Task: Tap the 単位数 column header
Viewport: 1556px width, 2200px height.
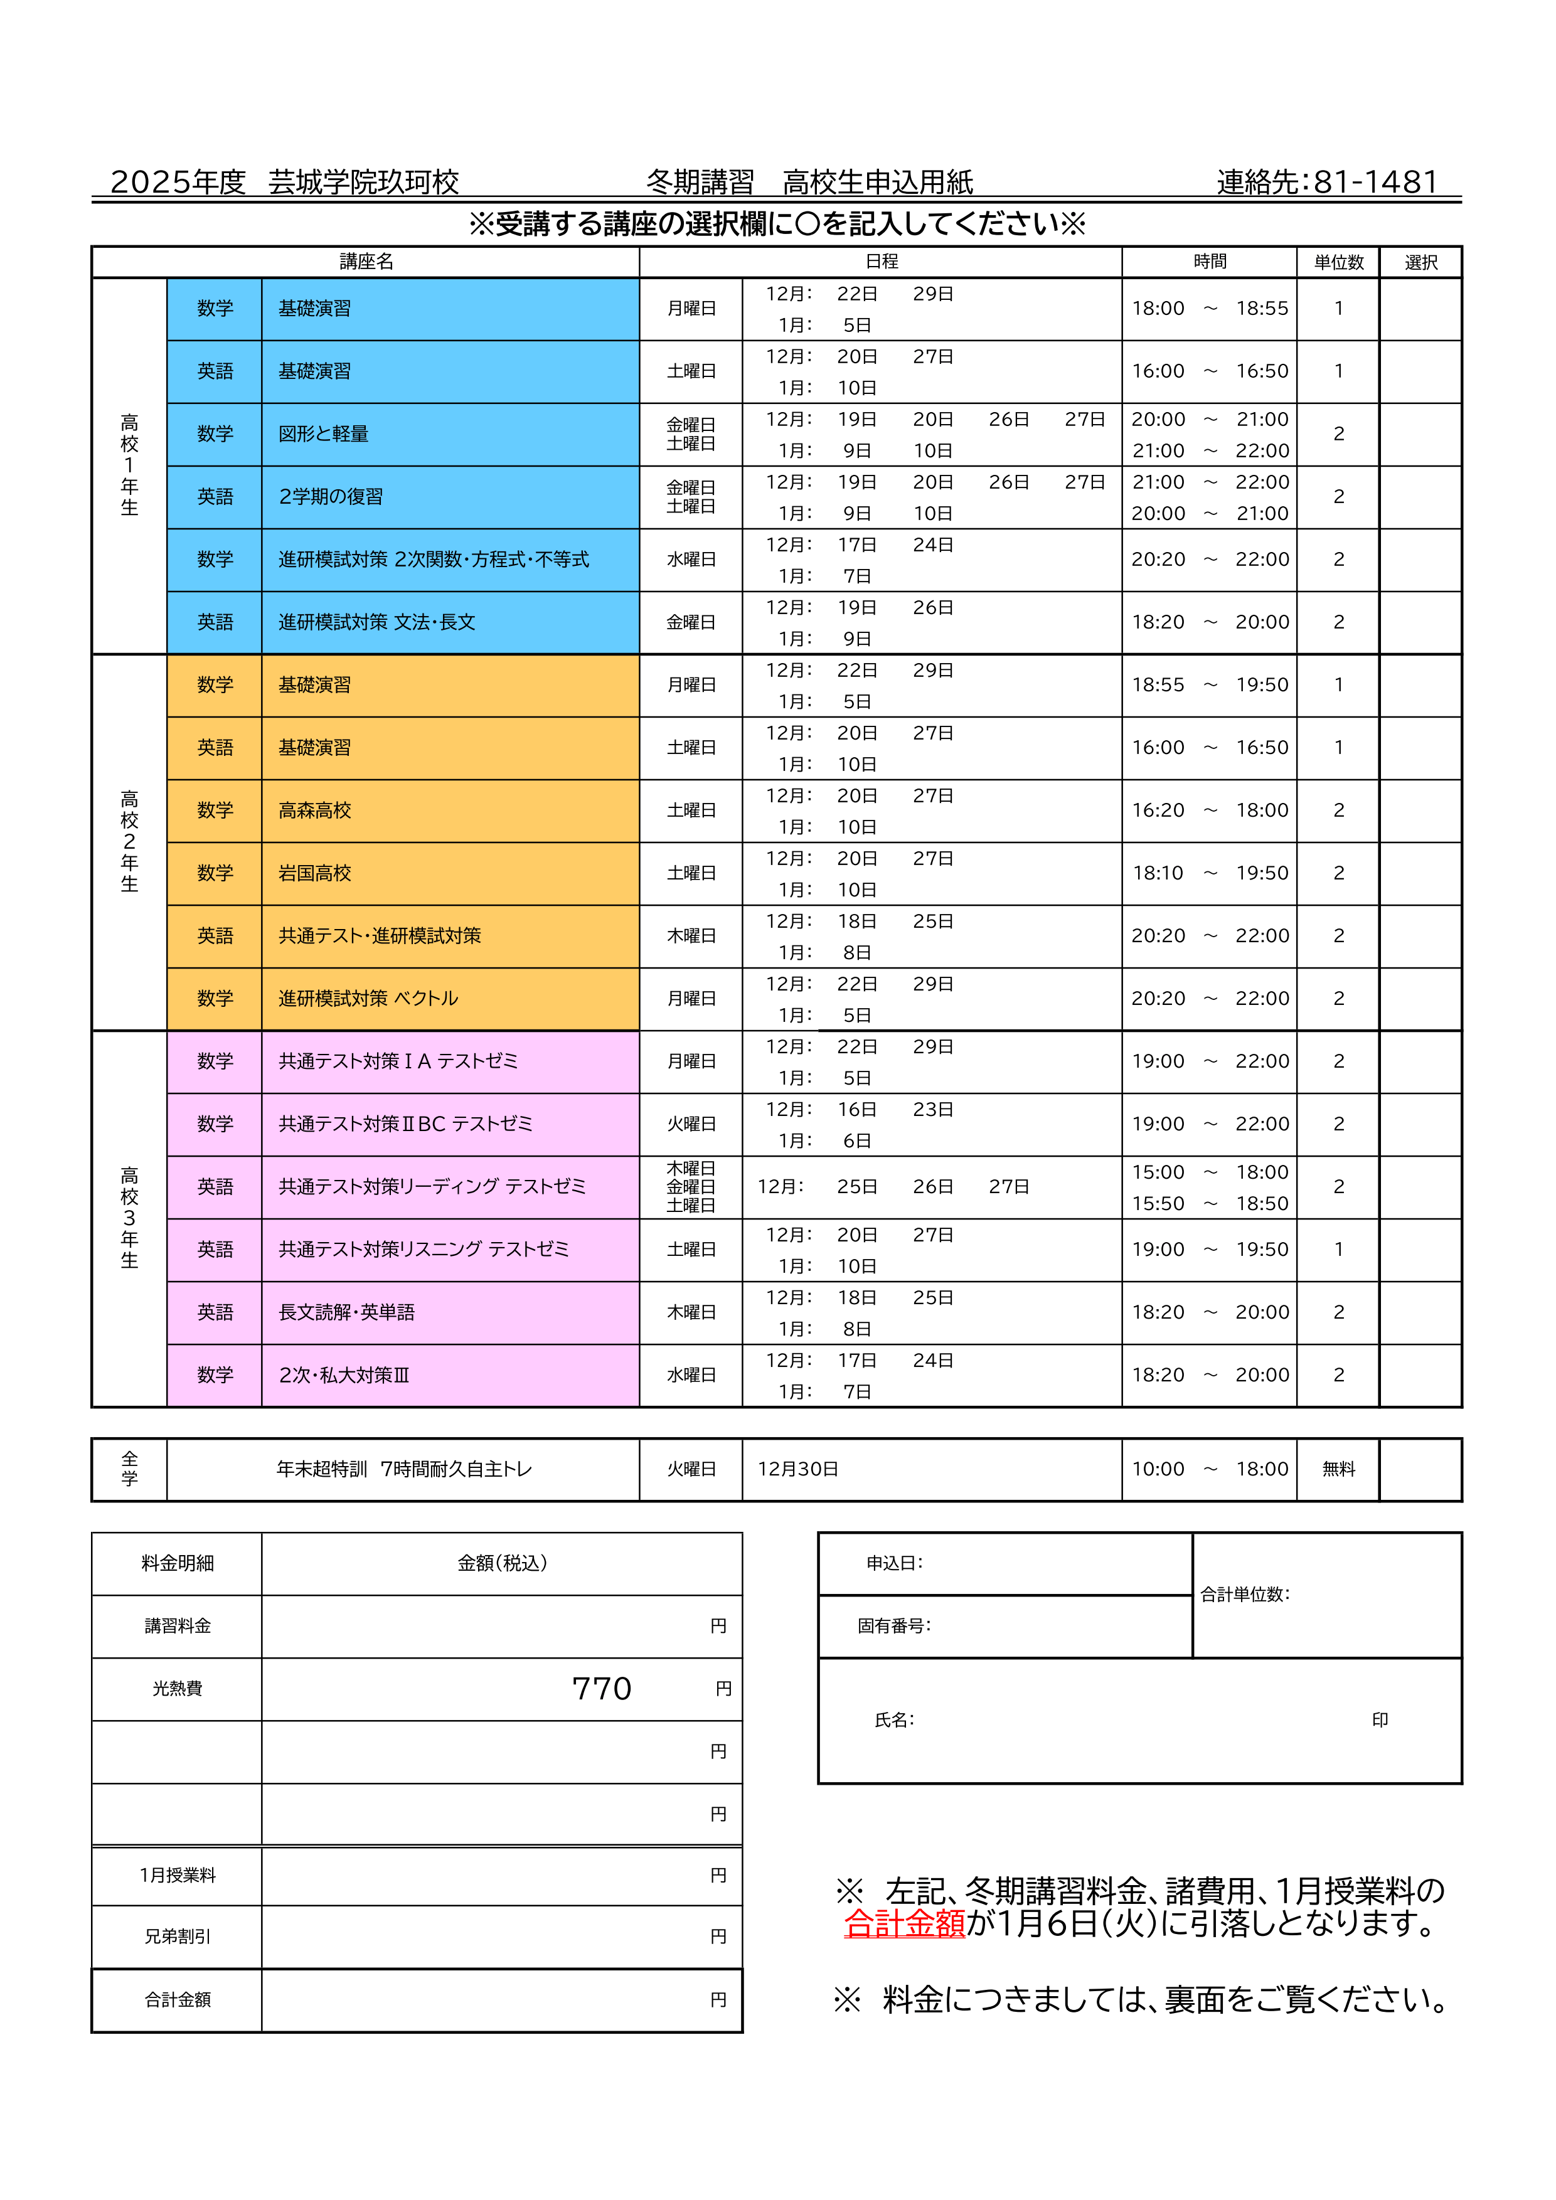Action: click(1338, 262)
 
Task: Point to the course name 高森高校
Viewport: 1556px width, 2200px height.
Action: click(314, 810)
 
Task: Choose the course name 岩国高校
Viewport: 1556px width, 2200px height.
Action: click(314, 873)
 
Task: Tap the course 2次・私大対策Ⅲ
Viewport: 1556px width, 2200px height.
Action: click(343, 1375)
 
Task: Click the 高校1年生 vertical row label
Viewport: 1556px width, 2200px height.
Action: click(129, 465)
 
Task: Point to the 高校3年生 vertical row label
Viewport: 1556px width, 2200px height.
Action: click(129, 1218)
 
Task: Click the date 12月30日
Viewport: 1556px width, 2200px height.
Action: click(797, 1469)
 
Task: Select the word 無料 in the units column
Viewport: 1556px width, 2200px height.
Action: click(1338, 1469)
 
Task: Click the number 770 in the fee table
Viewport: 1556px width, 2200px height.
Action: click(602, 1688)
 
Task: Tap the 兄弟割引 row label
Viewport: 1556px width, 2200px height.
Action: click(178, 1937)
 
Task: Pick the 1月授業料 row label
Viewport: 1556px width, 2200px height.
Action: click(178, 1875)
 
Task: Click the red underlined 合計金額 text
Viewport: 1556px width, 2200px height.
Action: click(905, 1923)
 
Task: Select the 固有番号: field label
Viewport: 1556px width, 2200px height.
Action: click(893, 1626)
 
